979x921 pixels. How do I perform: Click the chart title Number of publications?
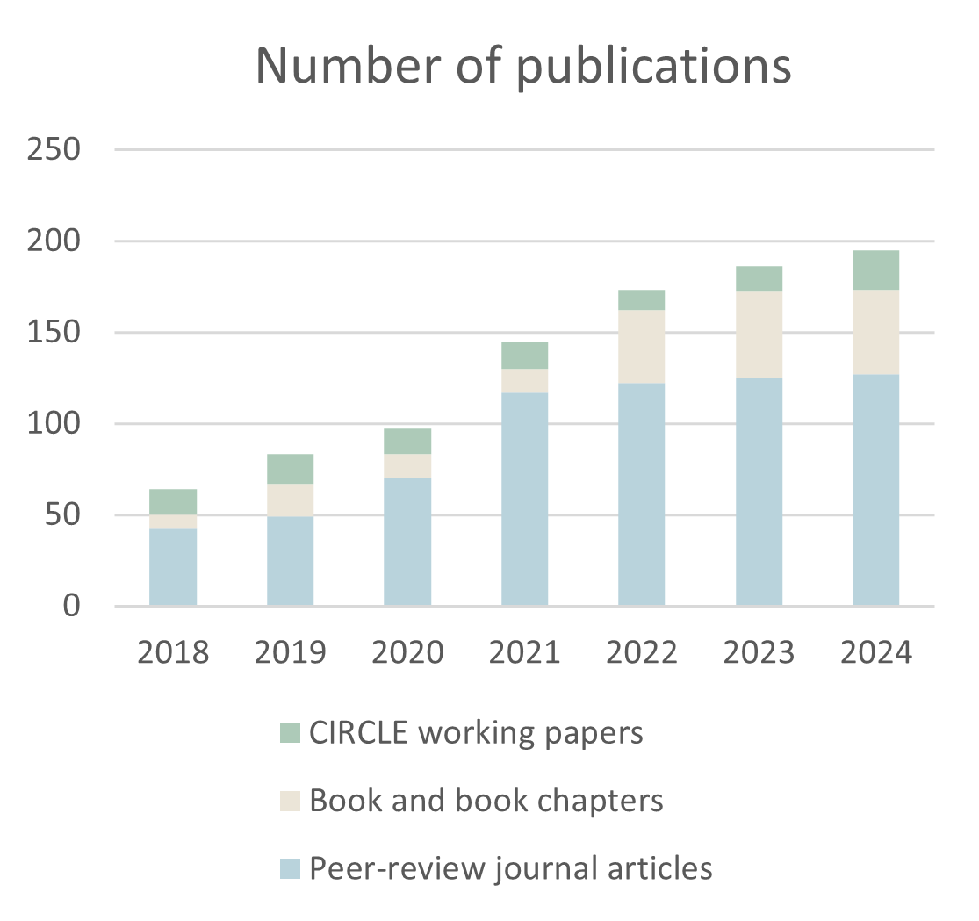(523, 67)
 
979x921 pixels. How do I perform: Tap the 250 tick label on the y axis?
(54, 149)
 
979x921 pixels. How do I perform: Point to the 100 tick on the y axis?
(54, 424)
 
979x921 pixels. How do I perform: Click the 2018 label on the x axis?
(173, 653)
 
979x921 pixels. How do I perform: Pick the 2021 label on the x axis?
(524, 653)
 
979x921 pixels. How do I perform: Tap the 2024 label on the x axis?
(876, 653)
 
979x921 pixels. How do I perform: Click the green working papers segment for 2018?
(173, 501)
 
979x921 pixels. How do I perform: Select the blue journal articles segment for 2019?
(290, 561)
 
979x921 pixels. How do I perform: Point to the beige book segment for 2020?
(407, 465)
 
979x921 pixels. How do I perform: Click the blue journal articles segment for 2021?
(524, 499)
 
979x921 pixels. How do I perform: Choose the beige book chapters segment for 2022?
(642, 347)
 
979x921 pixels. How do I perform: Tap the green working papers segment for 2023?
(759, 278)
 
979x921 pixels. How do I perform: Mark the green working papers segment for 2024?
(876, 270)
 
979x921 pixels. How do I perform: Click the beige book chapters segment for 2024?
(876, 332)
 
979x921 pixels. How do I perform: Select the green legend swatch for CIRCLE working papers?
(290, 733)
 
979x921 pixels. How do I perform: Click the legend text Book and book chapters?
(486, 801)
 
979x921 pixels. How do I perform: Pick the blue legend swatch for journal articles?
(290, 869)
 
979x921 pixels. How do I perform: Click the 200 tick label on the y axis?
(54, 241)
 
